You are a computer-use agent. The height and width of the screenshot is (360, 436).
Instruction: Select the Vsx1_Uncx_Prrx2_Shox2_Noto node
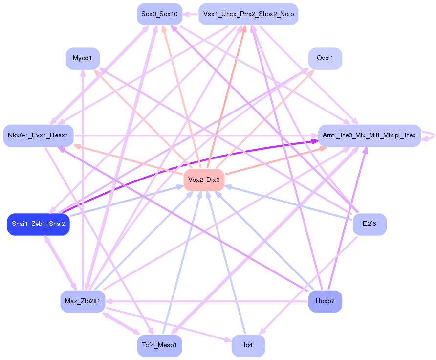coord(248,14)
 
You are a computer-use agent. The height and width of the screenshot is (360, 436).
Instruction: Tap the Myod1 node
coord(83,59)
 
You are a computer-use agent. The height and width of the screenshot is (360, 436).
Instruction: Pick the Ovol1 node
coord(325,59)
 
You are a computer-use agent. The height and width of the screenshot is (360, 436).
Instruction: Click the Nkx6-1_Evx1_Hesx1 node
coord(39,135)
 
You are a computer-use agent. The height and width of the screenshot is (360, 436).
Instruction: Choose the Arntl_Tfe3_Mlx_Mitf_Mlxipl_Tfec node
coord(370,135)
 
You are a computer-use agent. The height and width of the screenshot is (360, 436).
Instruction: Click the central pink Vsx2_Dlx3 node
coord(204,180)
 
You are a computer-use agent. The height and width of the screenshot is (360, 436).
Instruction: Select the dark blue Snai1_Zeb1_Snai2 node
coord(39,225)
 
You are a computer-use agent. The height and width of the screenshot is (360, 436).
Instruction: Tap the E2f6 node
coord(370,225)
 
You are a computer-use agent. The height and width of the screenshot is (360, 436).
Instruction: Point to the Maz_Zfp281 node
coord(83,301)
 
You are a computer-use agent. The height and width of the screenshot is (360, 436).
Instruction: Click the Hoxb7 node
coord(325,301)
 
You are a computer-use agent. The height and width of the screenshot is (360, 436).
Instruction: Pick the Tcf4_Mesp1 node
coord(159,345)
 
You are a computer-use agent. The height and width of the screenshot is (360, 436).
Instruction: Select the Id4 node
coord(248,345)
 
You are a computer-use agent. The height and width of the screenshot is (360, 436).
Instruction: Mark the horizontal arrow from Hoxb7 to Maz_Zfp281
coord(205,301)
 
